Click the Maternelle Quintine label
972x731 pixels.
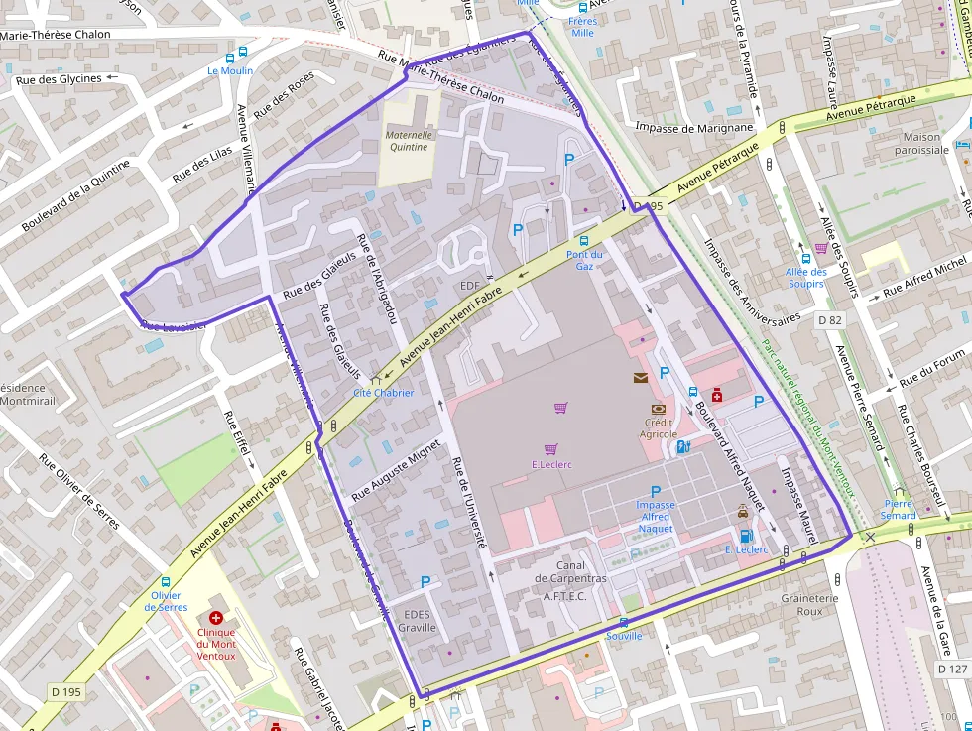click(408, 141)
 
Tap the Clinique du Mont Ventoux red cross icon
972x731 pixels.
click(216, 618)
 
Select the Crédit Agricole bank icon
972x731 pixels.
click(658, 409)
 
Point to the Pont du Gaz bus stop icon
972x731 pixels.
click(584, 241)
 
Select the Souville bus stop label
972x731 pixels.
click(624, 636)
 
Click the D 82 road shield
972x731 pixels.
click(830, 320)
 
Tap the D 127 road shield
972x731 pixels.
click(953, 670)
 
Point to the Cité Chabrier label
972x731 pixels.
click(384, 392)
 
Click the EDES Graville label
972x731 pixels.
click(417, 621)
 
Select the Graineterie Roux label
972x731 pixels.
click(810, 605)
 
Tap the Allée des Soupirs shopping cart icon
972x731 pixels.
click(820, 249)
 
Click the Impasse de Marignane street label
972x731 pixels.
click(694, 127)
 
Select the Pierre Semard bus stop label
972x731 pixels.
click(899, 509)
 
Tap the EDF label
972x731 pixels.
click(469, 286)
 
